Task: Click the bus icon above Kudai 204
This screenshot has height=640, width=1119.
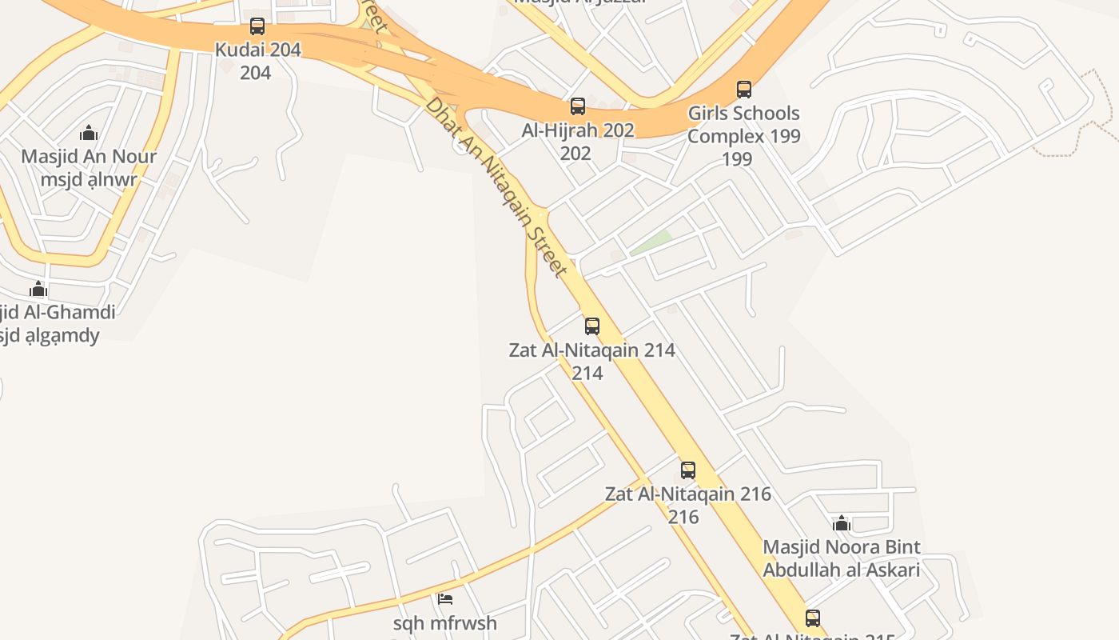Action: (x=257, y=26)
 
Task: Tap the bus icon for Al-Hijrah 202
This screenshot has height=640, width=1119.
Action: (x=577, y=106)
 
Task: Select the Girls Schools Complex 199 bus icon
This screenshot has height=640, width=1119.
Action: (x=744, y=89)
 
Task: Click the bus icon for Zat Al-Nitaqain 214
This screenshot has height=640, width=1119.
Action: (x=592, y=326)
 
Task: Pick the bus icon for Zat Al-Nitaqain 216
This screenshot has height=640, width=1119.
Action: (x=688, y=470)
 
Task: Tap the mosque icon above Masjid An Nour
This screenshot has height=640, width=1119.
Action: (x=89, y=133)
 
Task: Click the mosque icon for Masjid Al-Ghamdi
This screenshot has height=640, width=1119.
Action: (x=38, y=289)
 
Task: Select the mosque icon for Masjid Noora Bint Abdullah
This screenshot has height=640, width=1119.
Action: (x=841, y=524)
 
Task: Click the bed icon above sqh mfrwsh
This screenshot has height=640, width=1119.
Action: (x=445, y=598)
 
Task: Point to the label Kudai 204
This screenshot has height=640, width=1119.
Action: (x=257, y=50)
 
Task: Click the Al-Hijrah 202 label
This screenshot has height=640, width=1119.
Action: (x=577, y=130)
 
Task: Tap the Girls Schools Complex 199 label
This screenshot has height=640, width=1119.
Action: (x=743, y=125)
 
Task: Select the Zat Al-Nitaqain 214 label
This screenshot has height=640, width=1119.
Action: (x=592, y=350)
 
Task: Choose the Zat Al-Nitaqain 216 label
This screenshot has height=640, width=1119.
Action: (x=688, y=494)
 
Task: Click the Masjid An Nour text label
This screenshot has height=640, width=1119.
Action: (x=89, y=157)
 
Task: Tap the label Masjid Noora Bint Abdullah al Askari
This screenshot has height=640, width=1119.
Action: (x=841, y=558)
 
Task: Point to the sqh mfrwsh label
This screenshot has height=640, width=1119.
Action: (x=445, y=623)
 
